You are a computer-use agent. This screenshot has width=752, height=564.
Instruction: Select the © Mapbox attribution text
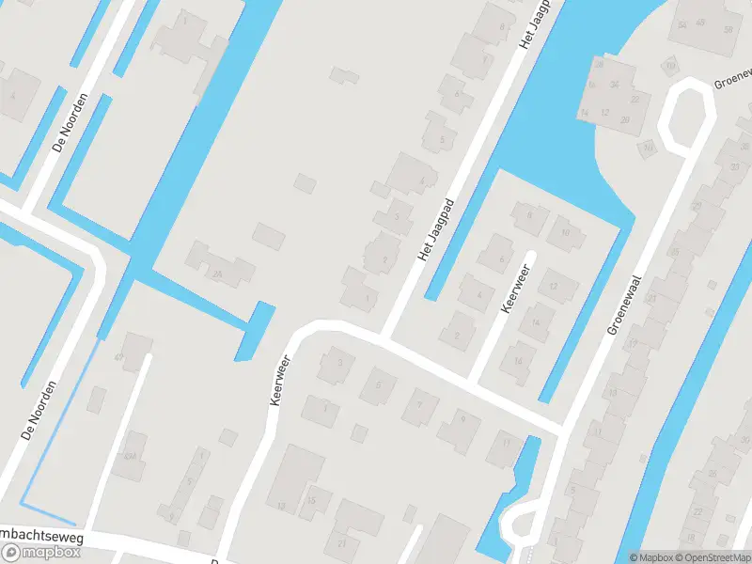tap(651, 557)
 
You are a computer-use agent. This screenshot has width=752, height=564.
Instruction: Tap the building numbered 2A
tap(217, 274)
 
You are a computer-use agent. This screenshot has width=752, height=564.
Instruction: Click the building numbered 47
tap(119, 357)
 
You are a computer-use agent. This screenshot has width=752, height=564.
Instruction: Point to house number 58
tap(728, 29)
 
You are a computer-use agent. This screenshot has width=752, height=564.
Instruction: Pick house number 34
tap(614, 84)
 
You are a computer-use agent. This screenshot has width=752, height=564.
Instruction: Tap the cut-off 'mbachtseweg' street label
tap(42, 537)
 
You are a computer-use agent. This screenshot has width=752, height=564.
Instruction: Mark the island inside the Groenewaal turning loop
tap(683, 116)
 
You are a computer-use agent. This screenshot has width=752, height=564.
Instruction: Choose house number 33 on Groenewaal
tap(733, 166)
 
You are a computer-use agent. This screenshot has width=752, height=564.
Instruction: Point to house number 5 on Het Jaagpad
tap(441, 140)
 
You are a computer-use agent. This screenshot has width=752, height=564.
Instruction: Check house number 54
tap(682, 25)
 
